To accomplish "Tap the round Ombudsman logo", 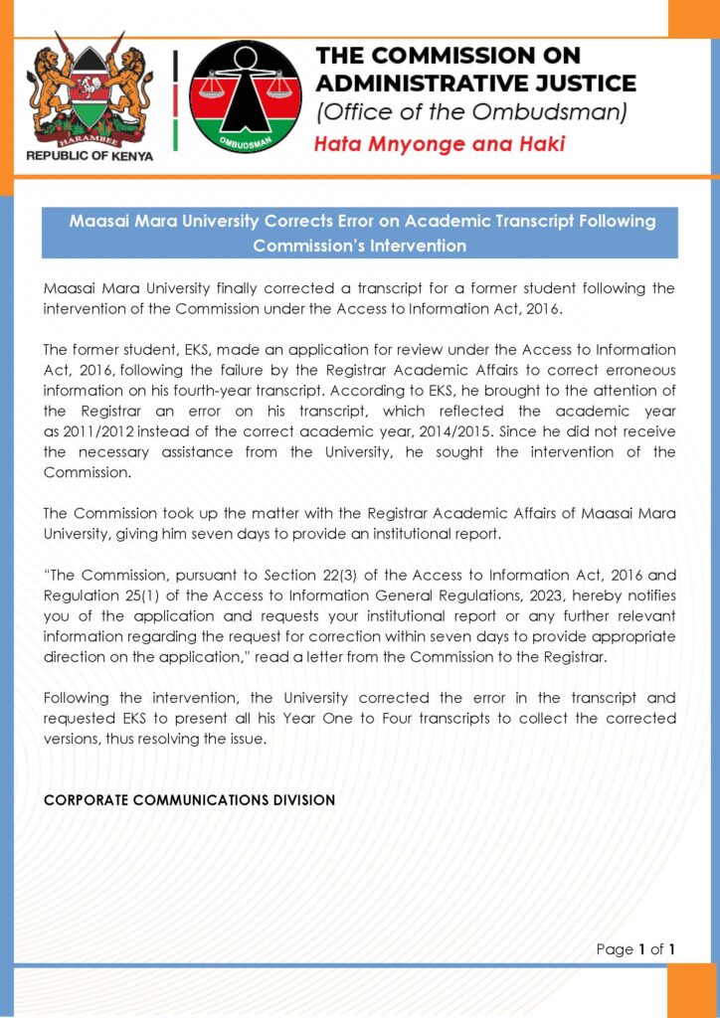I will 245,96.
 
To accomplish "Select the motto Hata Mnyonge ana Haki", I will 439,144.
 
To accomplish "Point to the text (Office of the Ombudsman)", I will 471,112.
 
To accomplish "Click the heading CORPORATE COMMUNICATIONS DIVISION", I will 189,799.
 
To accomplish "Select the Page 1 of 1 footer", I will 635,949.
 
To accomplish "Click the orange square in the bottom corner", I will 692,988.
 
